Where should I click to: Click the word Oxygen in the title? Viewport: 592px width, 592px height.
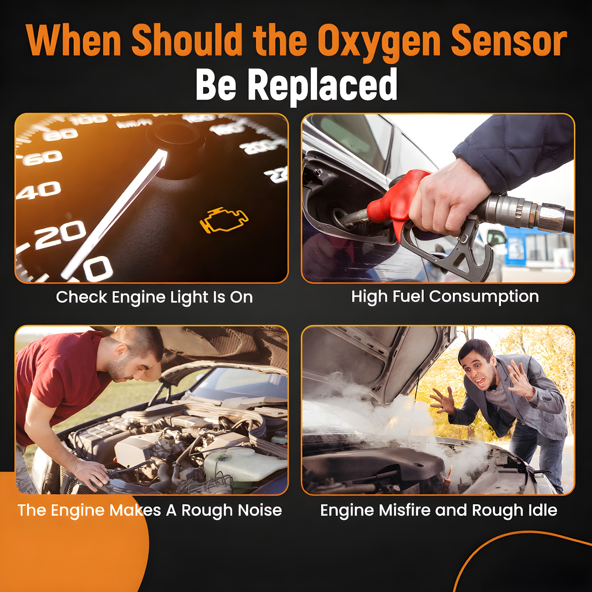click(x=379, y=41)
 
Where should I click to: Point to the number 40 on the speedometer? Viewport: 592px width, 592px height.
click(x=39, y=190)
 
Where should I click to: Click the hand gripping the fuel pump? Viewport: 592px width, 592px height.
click(x=450, y=200)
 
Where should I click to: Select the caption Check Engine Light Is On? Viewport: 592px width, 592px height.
click(x=154, y=297)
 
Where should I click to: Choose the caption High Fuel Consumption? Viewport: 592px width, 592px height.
click(x=445, y=297)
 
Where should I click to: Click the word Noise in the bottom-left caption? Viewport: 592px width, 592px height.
click(x=260, y=510)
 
